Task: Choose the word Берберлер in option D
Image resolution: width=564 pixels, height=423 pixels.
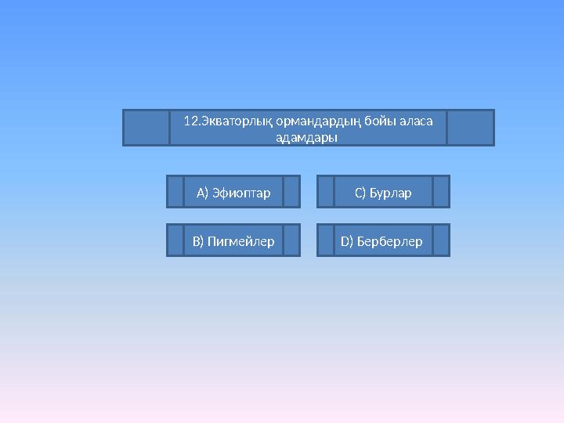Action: pyautogui.click(x=389, y=241)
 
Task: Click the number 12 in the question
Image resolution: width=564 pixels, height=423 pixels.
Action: pyautogui.click(x=190, y=121)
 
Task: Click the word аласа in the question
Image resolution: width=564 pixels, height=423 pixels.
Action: pyautogui.click(x=416, y=121)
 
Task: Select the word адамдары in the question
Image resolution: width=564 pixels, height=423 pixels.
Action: pyautogui.click(x=307, y=137)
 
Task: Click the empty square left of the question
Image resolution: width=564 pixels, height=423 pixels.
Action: pyautogui.click(x=146, y=128)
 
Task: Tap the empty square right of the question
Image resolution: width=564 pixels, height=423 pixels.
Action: pyautogui.click(x=471, y=128)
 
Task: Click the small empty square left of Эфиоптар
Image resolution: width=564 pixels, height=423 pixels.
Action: pyautogui.click(x=175, y=192)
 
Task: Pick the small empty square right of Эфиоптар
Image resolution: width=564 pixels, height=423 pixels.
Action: pyautogui.click(x=291, y=192)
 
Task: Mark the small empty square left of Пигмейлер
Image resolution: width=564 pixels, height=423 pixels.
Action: pyautogui.click(x=175, y=240)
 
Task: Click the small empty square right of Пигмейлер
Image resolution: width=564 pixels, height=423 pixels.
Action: pyautogui.click(x=291, y=240)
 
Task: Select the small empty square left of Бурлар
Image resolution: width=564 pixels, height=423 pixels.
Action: pyautogui.click(x=326, y=192)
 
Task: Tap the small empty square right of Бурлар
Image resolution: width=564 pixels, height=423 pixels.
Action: pyautogui.click(x=441, y=192)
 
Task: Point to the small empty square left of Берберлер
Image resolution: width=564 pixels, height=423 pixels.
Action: pyautogui.click(x=326, y=240)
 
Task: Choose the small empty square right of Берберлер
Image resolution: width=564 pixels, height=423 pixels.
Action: pyautogui.click(x=441, y=240)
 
